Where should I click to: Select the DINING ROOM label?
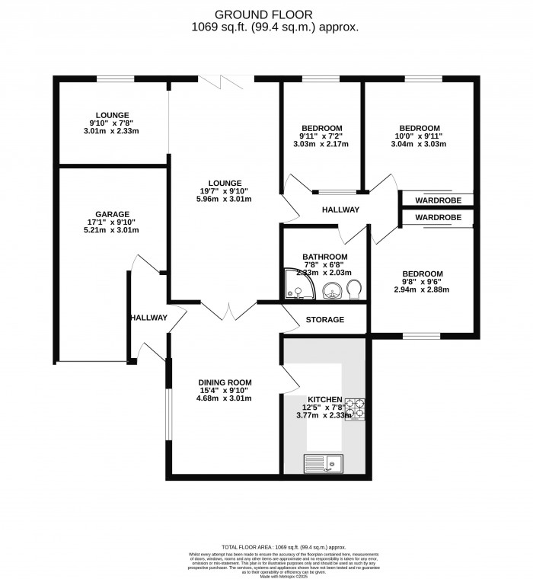[x=225, y=382]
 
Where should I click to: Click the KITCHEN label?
[x=325, y=399]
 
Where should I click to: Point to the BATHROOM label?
[x=324, y=257]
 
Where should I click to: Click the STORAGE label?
[x=325, y=320]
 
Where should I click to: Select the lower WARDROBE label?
[x=438, y=218]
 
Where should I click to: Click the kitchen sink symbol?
[x=324, y=463]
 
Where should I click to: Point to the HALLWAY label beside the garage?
[x=148, y=318]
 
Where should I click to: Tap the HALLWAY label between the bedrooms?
[x=340, y=210]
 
